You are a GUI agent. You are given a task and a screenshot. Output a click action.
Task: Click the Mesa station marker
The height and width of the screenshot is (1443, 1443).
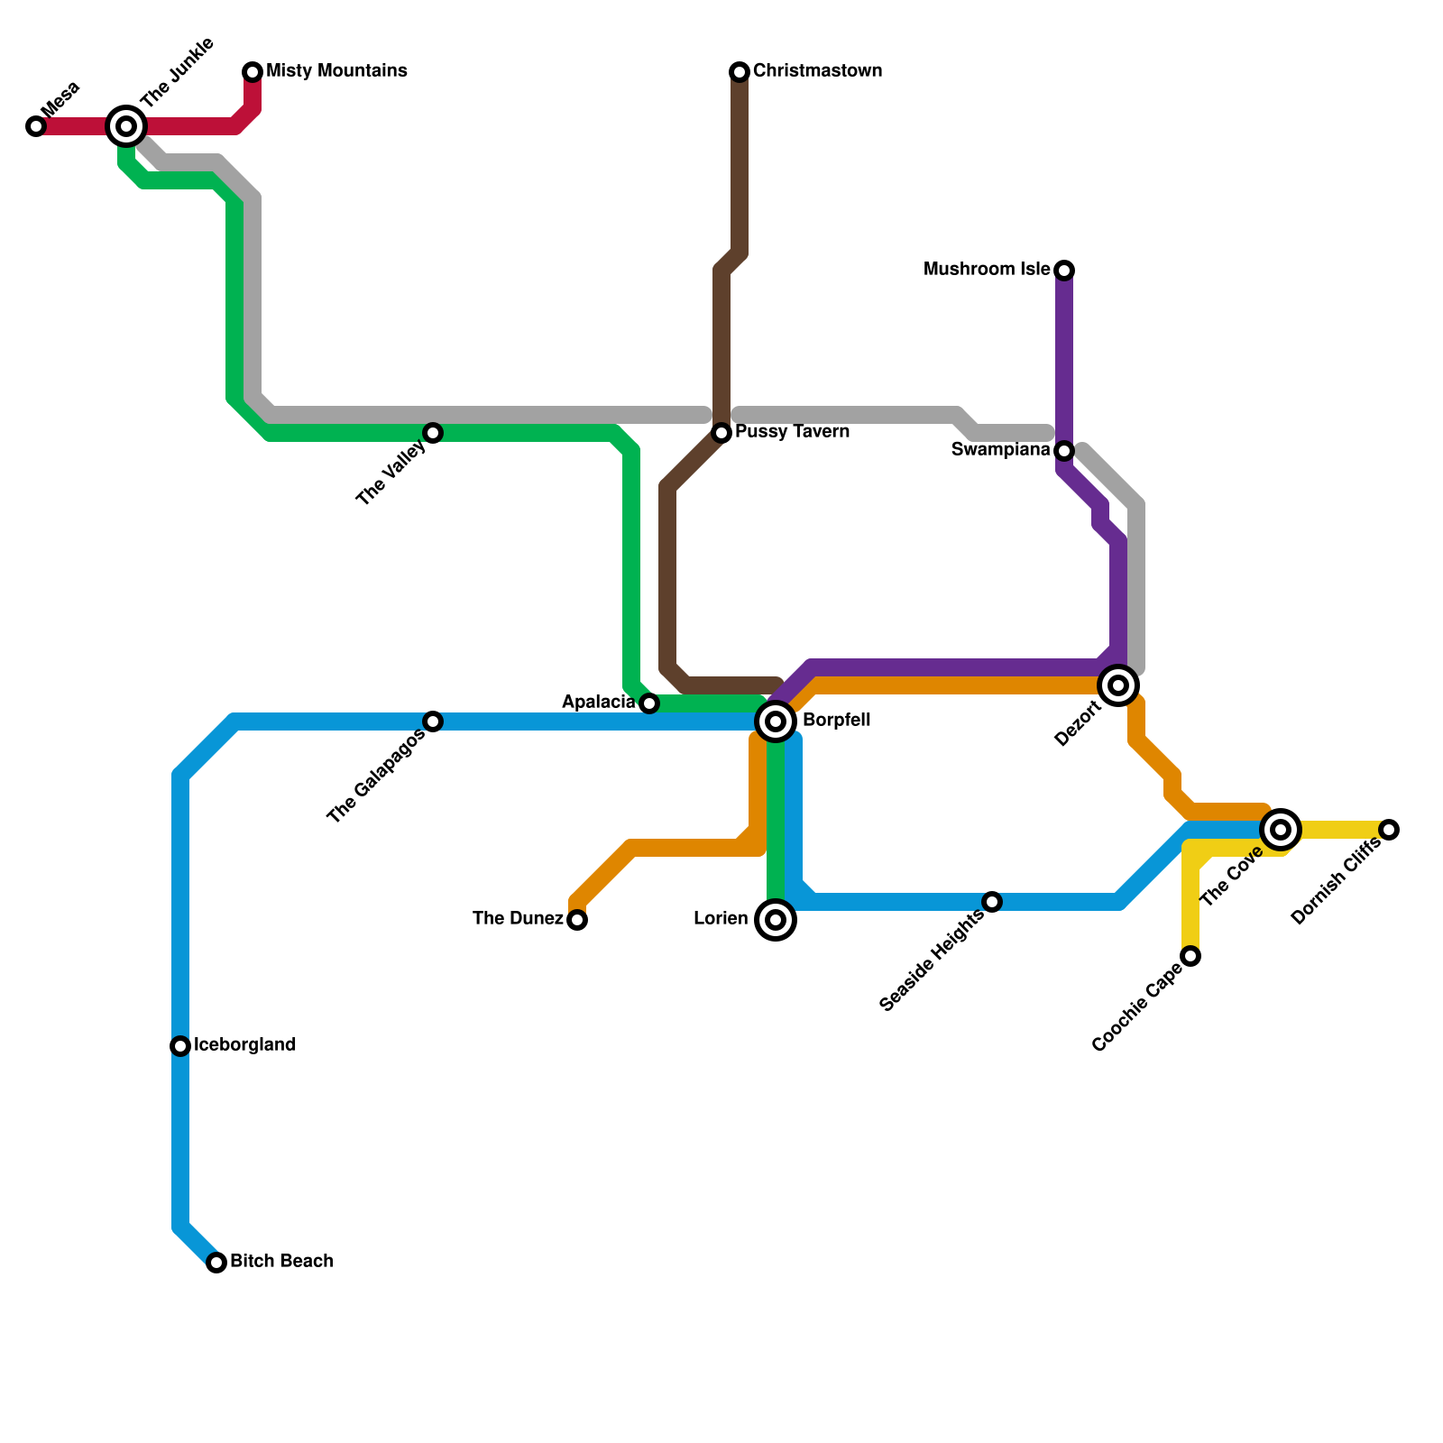coord(36,126)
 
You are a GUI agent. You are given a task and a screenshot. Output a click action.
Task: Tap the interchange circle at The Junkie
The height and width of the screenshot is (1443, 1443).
coord(126,126)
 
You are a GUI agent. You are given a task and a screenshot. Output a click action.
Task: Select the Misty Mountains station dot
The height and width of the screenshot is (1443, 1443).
coord(253,72)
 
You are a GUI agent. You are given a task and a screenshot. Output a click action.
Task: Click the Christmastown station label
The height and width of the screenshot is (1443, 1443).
coord(817,71)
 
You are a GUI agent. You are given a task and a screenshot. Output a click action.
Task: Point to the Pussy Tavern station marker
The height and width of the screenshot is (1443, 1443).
coord(721,433)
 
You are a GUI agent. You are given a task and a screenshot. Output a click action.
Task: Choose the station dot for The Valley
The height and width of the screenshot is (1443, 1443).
coord(433,433)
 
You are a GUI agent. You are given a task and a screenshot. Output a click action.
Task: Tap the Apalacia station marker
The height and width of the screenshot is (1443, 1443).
coord(649,703)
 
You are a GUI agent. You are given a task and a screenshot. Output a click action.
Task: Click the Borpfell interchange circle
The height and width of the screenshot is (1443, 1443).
coord(776,721)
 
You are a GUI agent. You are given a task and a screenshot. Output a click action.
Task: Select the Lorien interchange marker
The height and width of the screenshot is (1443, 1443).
coord(776,920)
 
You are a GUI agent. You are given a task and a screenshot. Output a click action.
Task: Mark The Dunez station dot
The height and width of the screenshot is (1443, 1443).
coord(577,920)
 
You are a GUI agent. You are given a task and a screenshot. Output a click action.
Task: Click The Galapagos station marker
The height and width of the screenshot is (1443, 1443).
coord(433,721)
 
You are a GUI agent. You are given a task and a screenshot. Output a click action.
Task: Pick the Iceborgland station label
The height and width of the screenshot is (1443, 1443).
coord(244,1045)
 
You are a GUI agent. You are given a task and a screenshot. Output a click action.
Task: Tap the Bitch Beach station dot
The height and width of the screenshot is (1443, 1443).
coord(216,1263)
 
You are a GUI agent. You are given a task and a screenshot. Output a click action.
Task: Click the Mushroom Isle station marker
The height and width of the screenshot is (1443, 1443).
coord(1064,271)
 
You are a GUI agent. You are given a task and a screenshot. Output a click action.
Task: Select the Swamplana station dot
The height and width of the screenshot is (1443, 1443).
coord(1064,451)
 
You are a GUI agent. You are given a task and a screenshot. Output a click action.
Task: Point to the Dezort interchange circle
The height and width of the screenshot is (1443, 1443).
coord(1118,685)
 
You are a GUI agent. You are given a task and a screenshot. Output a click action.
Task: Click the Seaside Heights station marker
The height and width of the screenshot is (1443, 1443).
coord(992,902)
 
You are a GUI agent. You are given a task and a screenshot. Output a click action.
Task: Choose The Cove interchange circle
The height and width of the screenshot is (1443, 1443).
coord(1281,830)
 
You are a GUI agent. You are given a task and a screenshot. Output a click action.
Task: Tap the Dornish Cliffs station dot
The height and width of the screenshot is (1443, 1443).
coord(1389,830)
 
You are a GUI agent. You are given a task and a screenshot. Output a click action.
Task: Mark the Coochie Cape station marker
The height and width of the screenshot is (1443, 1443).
coord(1190,956)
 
